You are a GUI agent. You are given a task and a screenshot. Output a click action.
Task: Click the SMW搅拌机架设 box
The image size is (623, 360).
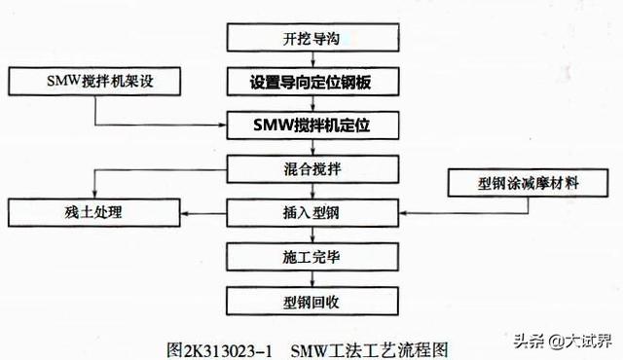coord(93,82)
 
